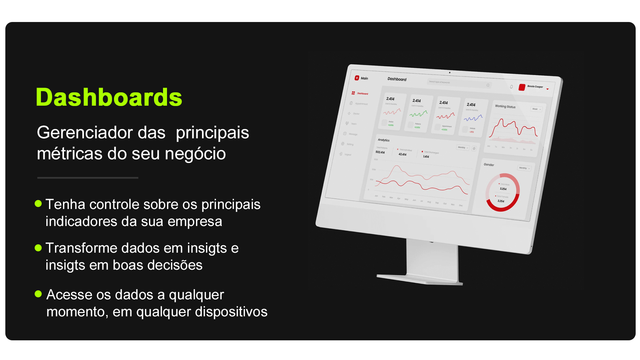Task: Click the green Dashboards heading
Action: (109, 97)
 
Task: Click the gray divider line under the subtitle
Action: (88, 178)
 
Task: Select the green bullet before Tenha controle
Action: (38, 203)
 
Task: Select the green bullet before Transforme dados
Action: (38, 248)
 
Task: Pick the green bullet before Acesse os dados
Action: (38, 294)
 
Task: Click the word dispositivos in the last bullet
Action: (231, 312)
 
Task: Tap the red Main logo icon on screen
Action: (357, 78)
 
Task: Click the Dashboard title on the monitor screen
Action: (397, 79)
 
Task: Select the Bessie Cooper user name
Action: (535, 87)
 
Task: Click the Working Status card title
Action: (505, 106)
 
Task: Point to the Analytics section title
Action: (383, 140)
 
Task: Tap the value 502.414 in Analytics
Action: (380, 152)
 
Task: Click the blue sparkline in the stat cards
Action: (473, 118)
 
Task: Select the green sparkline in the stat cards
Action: (418, 114)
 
